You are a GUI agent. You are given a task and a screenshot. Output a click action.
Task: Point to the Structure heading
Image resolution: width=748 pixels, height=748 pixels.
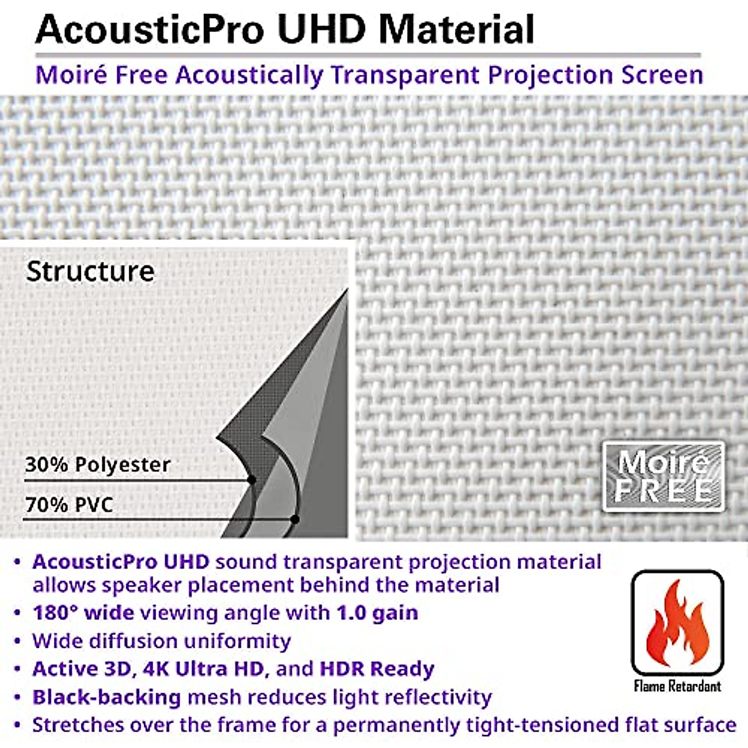click(90, 271)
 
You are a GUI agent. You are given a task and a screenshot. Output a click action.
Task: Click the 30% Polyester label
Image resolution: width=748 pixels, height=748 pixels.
click(97, 464)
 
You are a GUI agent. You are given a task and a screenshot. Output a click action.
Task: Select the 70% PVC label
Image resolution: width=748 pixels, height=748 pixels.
click(69, 504)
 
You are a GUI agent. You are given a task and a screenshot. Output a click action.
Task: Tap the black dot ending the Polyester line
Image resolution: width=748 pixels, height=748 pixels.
click(252, 479)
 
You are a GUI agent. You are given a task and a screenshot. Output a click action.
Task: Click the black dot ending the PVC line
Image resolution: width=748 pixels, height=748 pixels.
click(295, 519)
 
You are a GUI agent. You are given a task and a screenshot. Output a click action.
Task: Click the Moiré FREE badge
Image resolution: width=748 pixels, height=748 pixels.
click(663, 476)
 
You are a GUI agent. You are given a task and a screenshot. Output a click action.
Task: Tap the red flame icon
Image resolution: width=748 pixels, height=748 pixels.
click(676, 623)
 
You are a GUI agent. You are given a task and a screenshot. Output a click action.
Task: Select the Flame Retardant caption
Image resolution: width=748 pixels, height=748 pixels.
click(677, 686)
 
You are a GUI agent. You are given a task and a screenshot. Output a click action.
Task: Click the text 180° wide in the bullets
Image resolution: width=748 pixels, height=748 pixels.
click(83, 613)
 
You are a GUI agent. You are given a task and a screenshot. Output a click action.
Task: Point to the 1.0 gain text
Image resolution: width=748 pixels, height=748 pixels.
click(377, 613)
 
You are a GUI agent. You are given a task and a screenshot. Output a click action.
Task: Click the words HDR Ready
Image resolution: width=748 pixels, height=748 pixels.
click(376, 669)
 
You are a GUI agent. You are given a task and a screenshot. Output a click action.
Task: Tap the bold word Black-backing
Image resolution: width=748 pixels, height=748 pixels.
click(107, 697)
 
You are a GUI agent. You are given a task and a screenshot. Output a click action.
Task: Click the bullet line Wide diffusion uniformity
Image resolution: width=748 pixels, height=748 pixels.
click(161, 641)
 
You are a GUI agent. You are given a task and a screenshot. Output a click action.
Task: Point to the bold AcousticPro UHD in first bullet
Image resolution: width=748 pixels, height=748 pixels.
click(121, 562)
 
